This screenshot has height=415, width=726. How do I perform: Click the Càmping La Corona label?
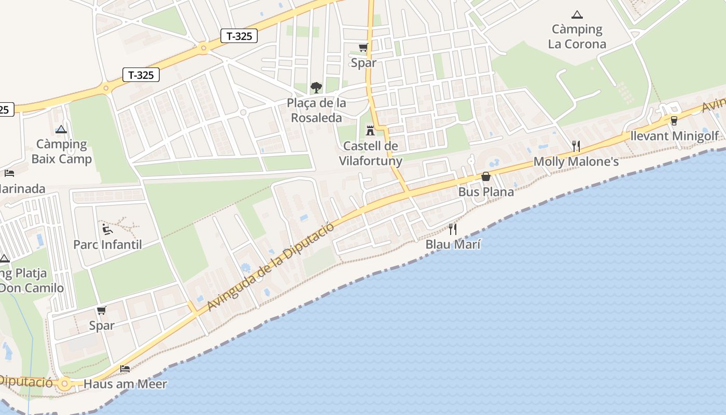click(x=577, y=36)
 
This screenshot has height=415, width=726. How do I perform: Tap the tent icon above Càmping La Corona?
click(x=577, y=15)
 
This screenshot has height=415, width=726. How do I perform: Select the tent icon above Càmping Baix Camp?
click(x=61, y=130)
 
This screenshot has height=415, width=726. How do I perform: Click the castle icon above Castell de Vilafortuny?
click(x=370, y=130)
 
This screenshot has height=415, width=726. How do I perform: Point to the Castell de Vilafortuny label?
click(x=370, y=154)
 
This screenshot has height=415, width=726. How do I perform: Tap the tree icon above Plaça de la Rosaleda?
click(x=316, y=87)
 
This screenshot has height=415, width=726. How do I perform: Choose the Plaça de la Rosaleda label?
click(x=316, y=110)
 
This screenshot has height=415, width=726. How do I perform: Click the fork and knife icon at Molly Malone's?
click(x=576, y=146)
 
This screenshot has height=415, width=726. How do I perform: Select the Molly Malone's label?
click(x=576, y=162)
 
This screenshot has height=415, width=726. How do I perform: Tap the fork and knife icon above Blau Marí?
click(x=453, y=229)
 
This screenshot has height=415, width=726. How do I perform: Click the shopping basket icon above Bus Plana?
click(x=486, y=176)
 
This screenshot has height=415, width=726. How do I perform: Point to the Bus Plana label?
click(x=486, y=192)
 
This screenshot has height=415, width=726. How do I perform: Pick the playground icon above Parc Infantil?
click(x=107, y=229)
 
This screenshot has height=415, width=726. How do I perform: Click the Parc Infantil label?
click(x=107, y=244)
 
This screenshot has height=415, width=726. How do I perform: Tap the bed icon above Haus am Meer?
click(x=125, y=369)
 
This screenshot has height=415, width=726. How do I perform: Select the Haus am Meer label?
click(x=125, y=384)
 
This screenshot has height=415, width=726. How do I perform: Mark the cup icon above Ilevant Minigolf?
click(x=674, y=120)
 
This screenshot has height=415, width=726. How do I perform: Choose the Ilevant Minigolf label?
click(x=674, y=136)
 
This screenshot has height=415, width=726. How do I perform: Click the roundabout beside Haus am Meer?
click(x=64, y=384)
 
